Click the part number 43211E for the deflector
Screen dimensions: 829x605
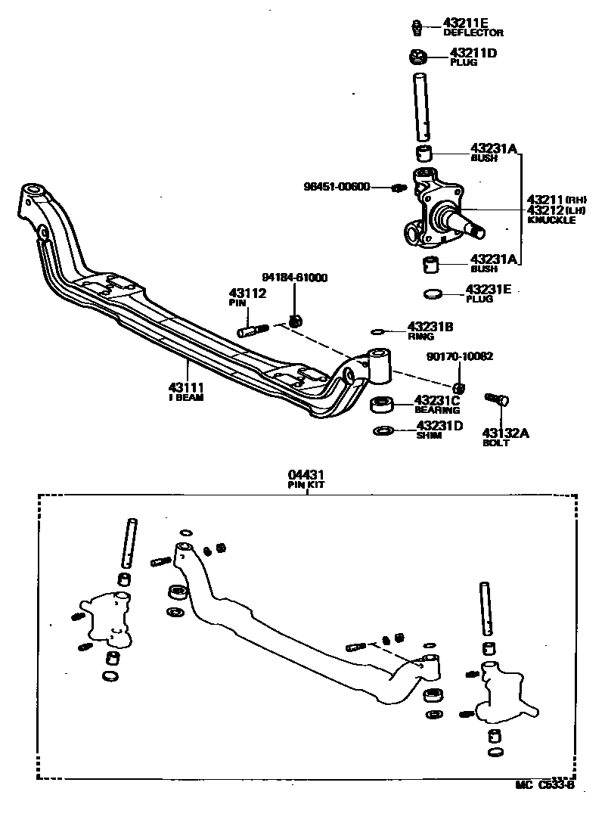(473, 23)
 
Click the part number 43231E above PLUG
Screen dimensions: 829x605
(489, 289)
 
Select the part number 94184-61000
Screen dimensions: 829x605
(295, 278)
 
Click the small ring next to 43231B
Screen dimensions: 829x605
(378, 331)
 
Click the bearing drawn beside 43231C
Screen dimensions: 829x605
(383, 405)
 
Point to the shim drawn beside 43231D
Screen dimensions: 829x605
(383, 430)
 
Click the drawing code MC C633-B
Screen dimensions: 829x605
(545, 784)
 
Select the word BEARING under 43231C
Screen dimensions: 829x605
(438, 410)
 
